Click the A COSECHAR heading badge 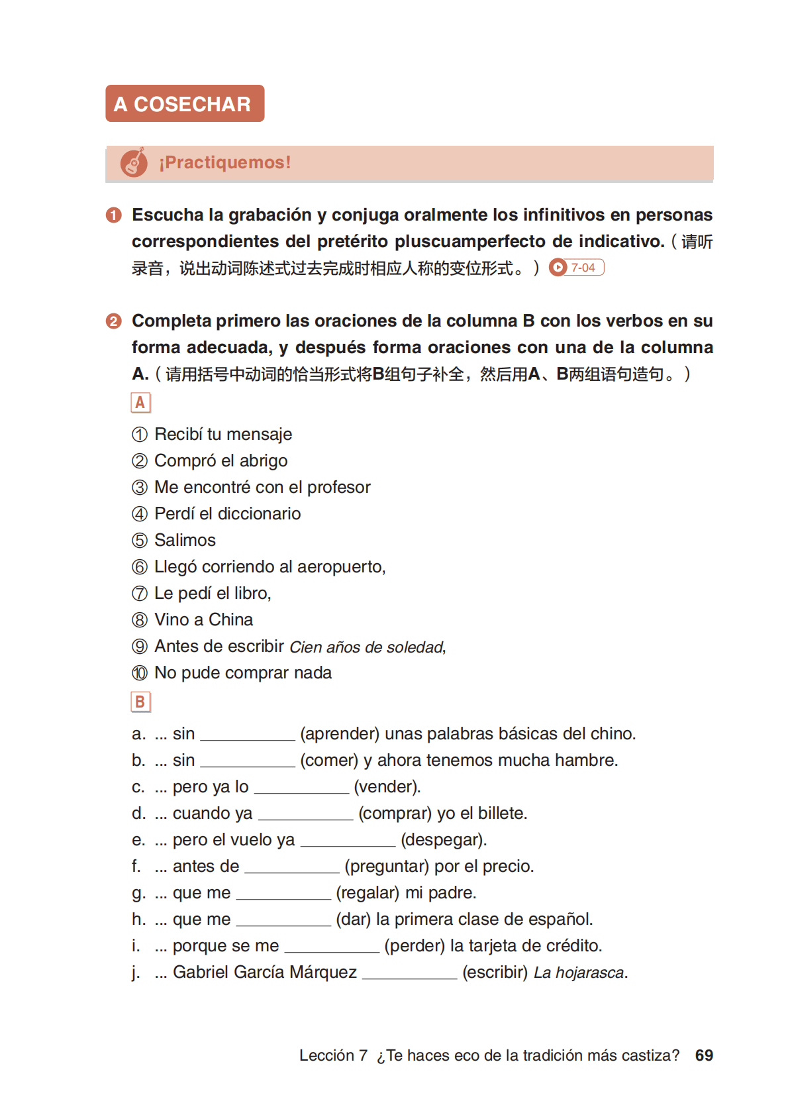(185, 103)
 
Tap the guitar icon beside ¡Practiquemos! (134, 162)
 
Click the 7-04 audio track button (577, 268)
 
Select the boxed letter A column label (140, 403)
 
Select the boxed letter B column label (140, 702)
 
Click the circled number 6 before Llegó (140, 567)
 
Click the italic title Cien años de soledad (367, 647)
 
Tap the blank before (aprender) (247, 735)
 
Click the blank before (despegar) (348, 841)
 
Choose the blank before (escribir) (409, 973)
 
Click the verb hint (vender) (387, 787)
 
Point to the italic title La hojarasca (579, 973)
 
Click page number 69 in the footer (704, 1055)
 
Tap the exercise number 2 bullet (114, 321)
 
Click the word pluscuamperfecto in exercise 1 (470, 242)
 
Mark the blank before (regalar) (283, 894)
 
